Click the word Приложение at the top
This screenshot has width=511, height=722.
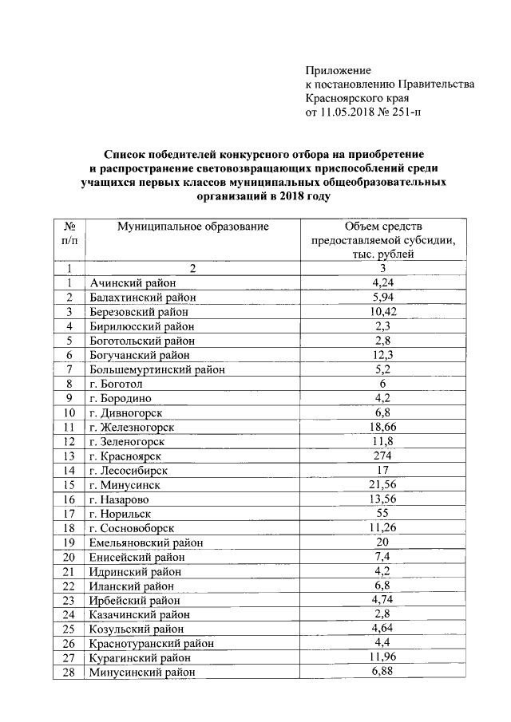[339, 71]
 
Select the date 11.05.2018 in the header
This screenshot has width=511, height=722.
[345, 112]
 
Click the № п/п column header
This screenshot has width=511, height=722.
[69, 233]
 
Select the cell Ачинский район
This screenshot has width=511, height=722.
[133, 282]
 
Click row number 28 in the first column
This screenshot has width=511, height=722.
[69, 672]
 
